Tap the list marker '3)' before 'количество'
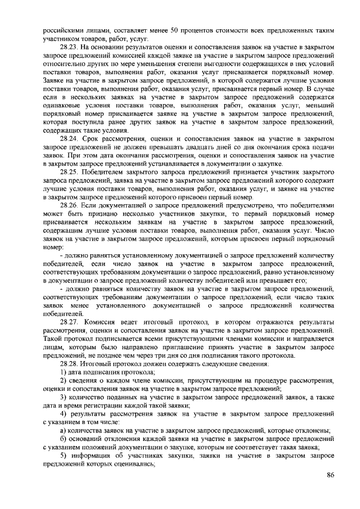(65, 397)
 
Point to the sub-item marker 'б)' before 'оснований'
(64, 438)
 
